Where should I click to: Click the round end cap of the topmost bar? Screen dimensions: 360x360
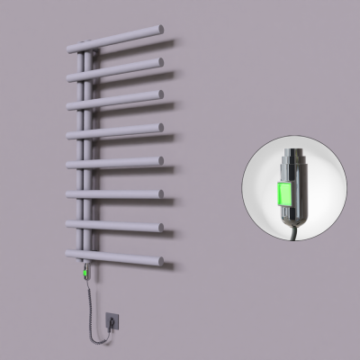160,30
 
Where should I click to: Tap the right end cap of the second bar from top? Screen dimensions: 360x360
160,62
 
